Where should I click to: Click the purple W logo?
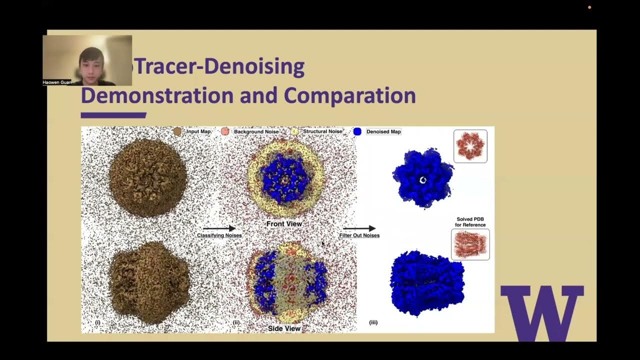[x=542, y=312]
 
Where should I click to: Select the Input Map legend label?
[x=198, y=131]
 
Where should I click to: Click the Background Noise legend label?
[x=256, y=131]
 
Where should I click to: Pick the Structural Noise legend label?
[x=322, y=131]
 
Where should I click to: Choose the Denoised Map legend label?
[x=383, y=131]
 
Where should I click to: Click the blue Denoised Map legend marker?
[x=357, y=131]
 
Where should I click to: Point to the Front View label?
[x=283, y=223]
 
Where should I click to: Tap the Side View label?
[x=284, y=328]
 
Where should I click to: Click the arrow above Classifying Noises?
[x=219, y=228]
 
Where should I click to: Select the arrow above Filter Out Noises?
[x=359, y=228]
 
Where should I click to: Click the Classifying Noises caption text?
[x=219, y=235]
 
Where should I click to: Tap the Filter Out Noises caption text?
[x=359, y=235]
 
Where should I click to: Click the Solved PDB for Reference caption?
[x=470, y=222]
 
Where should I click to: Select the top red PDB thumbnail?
[x=470, y=146]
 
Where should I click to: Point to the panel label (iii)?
[x=373, y=322]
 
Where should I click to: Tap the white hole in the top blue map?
[x=423, y=180]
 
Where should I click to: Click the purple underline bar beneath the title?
[x=113, y=115]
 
